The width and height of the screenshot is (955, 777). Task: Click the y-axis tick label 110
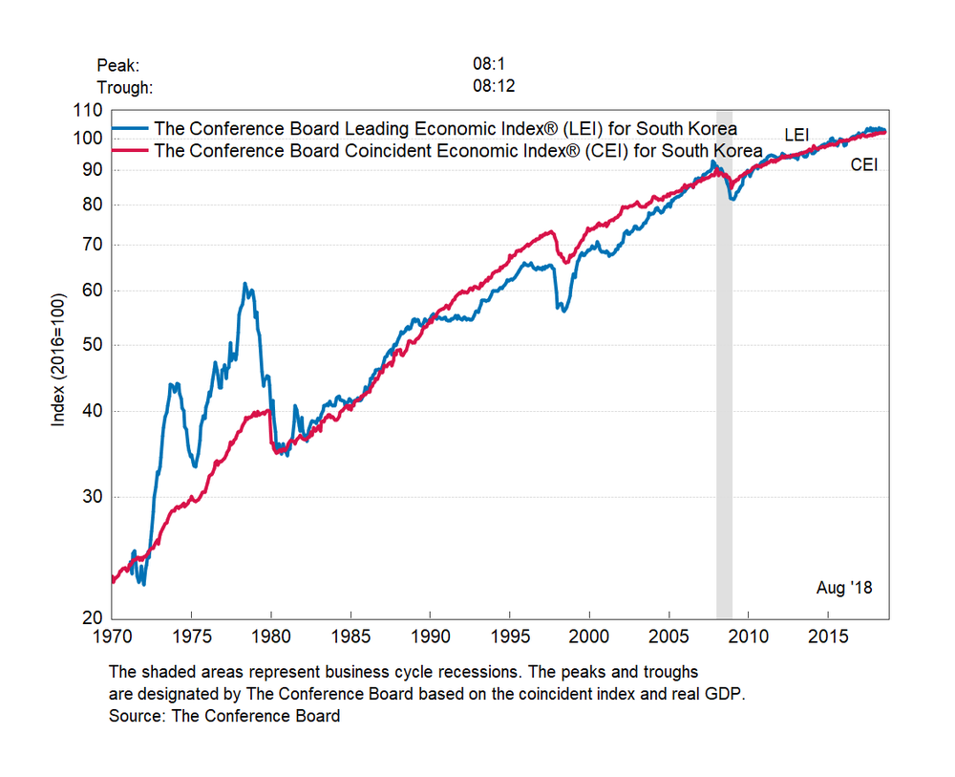coord(87,110)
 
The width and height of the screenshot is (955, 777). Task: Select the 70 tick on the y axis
coord(91,245)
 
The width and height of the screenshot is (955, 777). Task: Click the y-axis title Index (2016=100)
coord(60,364)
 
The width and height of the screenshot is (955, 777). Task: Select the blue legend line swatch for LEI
coord(131,128)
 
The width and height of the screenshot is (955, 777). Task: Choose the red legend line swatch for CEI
coord(131,150)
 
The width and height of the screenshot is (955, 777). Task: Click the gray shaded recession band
coord(724,382)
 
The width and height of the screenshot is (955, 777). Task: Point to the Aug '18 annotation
coord(844,588)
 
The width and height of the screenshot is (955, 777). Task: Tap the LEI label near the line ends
coord(797,134)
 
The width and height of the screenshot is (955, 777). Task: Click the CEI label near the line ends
coord(864,165)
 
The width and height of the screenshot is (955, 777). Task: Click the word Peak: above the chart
coord(118,65)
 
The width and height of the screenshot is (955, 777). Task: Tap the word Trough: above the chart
coord(125,87)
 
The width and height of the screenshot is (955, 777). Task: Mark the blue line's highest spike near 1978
coord(244,284)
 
